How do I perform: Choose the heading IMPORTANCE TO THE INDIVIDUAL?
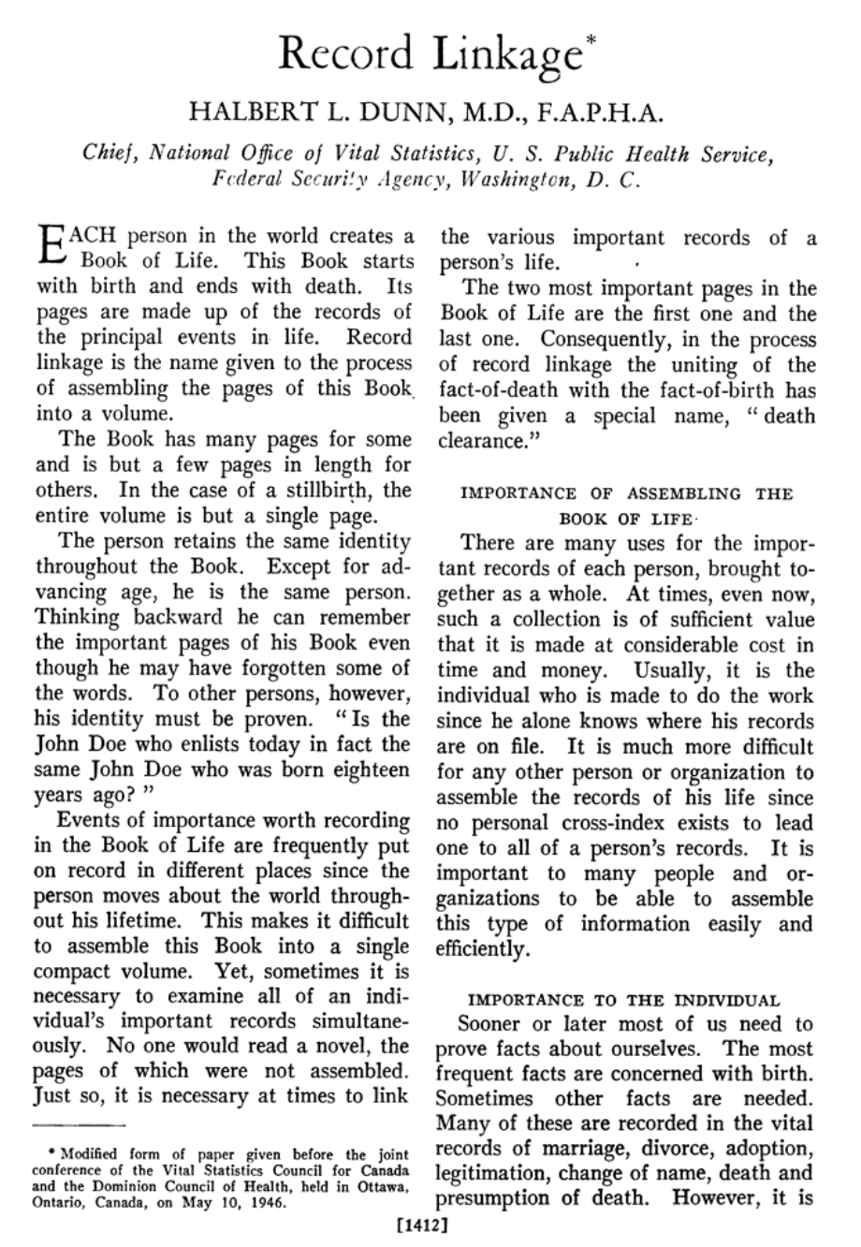coord(622,1000)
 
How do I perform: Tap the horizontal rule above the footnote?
coord(80,1122)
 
